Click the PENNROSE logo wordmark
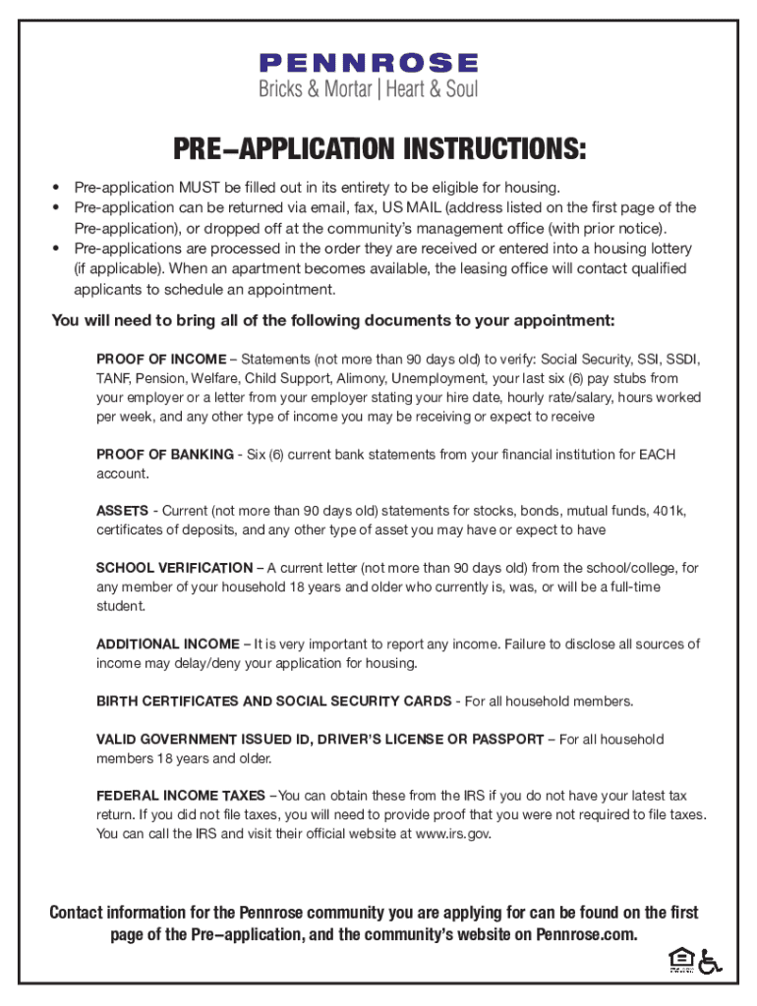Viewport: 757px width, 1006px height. click(x=369, y=64)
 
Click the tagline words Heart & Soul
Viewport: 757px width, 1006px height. click(x=432, y=89)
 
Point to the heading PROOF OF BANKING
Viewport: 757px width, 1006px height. click(x=163, y=455)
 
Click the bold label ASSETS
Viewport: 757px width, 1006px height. click(x=122, y=512)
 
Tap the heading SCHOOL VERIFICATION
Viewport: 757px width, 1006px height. click(x=174, y=568)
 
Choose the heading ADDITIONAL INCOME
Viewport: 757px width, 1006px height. click(x=167, y=644)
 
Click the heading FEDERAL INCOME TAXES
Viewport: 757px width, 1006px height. click(x=180, y=796)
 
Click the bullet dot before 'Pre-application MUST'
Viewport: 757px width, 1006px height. click(x=57, y=187)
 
